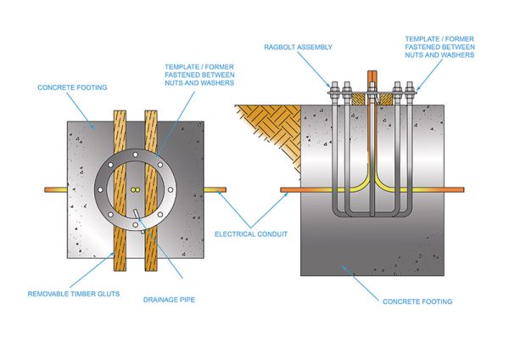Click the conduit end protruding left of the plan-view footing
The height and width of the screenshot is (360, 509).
pos(56,190)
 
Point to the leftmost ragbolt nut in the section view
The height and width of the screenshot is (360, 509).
pos(335,87)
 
